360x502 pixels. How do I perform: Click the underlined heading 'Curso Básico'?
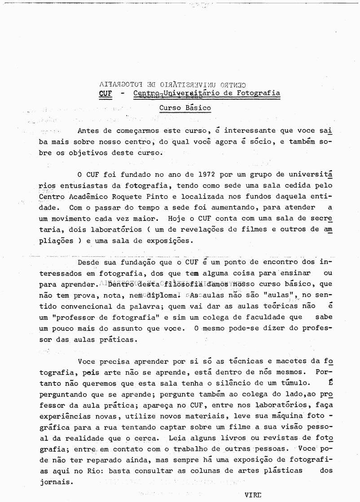point(185,108)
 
